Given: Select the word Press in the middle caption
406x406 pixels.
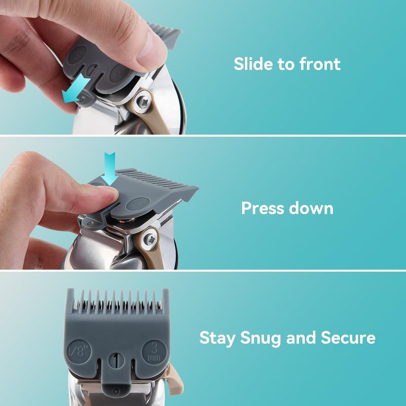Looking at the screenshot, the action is [x=262, y=208].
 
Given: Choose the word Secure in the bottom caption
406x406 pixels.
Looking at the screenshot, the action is [x=348, y=337].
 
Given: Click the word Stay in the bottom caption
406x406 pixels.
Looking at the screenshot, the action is [x=218, y=339].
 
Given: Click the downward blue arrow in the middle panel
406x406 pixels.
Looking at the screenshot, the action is [x=110, y=168].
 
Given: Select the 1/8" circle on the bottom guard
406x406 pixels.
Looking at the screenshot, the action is [x=79, y=351].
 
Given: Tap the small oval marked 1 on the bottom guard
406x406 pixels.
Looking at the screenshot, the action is [x=116, y=360].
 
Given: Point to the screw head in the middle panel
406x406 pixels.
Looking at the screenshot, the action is [x=150, y=239].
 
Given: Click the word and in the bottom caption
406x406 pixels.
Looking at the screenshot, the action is [x=300, y=337].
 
